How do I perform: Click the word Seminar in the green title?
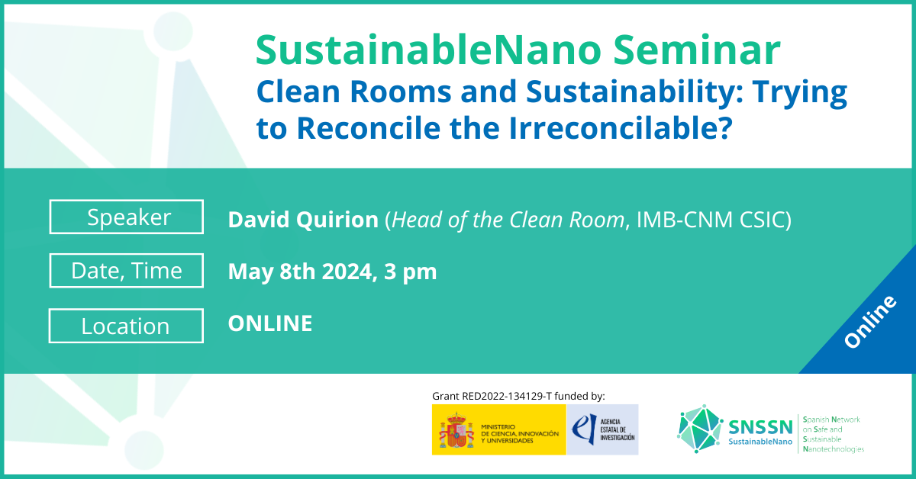pos(697,50)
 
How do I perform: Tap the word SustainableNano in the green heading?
pos(428,50)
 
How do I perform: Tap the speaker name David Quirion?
pos(303,220)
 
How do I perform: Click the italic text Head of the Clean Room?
pos(508,220)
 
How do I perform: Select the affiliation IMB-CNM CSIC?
pos(710,220)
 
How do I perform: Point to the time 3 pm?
pos(410,272)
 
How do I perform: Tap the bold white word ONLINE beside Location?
pos(270,323)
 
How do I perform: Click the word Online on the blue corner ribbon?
pos(870,322)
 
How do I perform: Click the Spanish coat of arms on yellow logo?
pos(456,430)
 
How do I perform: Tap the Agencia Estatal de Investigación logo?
pos(602,429)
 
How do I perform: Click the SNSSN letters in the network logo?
pos(760,427)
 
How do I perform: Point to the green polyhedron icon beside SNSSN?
pos(700,429)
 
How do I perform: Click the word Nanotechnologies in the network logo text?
pos(834,449)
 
